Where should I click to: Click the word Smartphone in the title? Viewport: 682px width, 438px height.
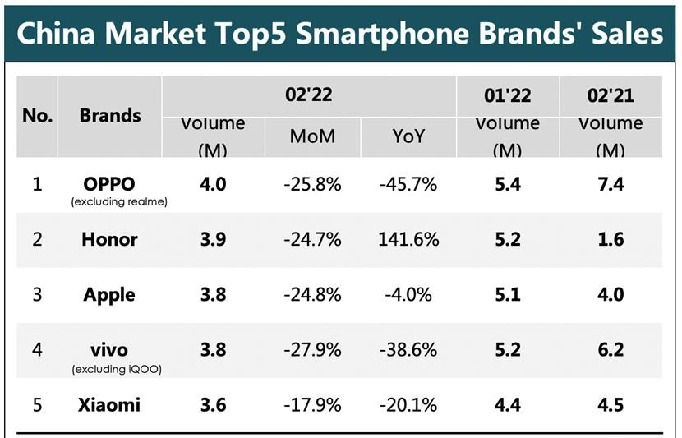[x=382, y=34]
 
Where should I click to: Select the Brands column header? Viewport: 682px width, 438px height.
[x=110, y=116]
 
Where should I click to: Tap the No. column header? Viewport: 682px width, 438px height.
[x=38, y=116]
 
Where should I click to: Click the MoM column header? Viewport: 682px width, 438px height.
[x=312, y=136]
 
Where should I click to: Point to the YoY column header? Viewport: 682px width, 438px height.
[x=408, y=136]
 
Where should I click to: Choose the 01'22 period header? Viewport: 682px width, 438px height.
[x=507, y=95]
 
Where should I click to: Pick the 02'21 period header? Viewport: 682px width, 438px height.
[x=611, y=95]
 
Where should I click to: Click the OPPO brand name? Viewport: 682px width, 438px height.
[x=109, y=184]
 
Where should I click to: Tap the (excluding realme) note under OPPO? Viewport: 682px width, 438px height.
[x=119, y=202]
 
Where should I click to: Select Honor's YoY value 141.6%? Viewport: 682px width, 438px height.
[x=408, y=240]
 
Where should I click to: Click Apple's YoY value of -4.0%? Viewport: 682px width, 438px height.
[x=408, y=295]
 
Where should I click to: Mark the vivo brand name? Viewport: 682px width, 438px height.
[x=109, y=350]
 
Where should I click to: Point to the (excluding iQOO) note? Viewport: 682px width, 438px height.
[x=117, y=369]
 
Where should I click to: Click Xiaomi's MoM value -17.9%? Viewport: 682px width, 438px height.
[x=312, y=405]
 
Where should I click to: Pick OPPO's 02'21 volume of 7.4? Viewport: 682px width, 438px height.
[x=611, y=184]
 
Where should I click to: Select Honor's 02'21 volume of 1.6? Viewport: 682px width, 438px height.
[x=611, y=240]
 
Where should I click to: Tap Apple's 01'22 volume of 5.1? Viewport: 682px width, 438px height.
[x=508, y=295]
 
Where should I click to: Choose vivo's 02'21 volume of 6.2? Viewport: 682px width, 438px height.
[x=611, y=350]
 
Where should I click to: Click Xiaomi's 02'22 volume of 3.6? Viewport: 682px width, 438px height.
[x=213, y=405]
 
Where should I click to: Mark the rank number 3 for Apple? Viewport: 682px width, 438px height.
[x=38, y=295]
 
